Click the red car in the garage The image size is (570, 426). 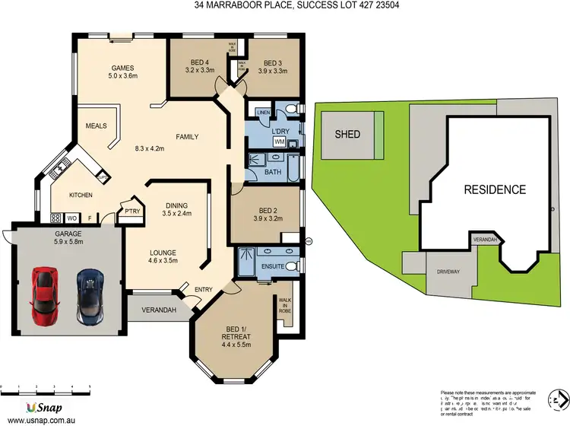point(43,294)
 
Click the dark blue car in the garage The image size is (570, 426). point(90,294)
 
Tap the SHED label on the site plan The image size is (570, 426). point(347,135)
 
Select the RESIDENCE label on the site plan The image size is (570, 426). point(495,189)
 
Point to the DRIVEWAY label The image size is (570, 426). point(448,272)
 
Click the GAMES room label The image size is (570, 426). point(122,67)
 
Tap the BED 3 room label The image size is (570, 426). point(274,64)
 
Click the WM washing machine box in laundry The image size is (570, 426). point(278,142)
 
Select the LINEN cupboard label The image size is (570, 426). point(264,113)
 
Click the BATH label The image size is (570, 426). point(274,173)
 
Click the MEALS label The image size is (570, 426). point(97,126)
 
